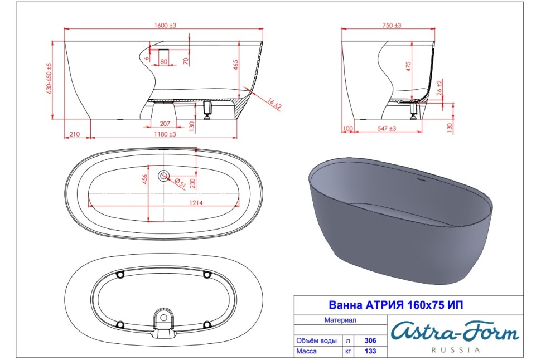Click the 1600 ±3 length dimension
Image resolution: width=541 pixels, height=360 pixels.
point(165,25)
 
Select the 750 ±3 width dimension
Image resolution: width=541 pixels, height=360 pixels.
point(392,25)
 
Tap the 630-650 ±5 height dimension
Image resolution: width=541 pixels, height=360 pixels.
point(49,78)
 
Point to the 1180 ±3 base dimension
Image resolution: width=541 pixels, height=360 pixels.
point(165,134)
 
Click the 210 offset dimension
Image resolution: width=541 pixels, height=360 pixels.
point(75,134)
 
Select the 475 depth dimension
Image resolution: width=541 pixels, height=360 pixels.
point(408,66)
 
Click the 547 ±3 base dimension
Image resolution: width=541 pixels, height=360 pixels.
point(387,128)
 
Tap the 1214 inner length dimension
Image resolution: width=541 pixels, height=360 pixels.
point(196,203)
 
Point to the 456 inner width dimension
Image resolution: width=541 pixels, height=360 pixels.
point(145,179)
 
